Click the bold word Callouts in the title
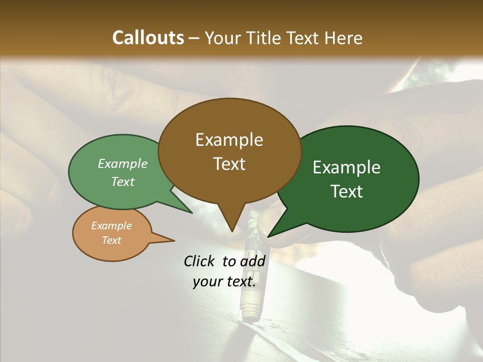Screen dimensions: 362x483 coord(148,38)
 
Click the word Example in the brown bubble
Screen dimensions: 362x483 coord(229,140)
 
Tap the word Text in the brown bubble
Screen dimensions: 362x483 coord(229,164)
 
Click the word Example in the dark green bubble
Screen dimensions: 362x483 coord(347,167)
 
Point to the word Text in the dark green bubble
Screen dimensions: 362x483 coord(347,192)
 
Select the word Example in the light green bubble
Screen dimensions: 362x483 coord(123,164)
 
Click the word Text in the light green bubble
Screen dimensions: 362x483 coord(123,182)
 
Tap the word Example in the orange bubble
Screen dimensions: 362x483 coord(111,226)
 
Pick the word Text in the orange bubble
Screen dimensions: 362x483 coord(111,240)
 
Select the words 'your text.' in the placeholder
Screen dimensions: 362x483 coord(224,282)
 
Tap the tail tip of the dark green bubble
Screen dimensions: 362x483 coord(269,236)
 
